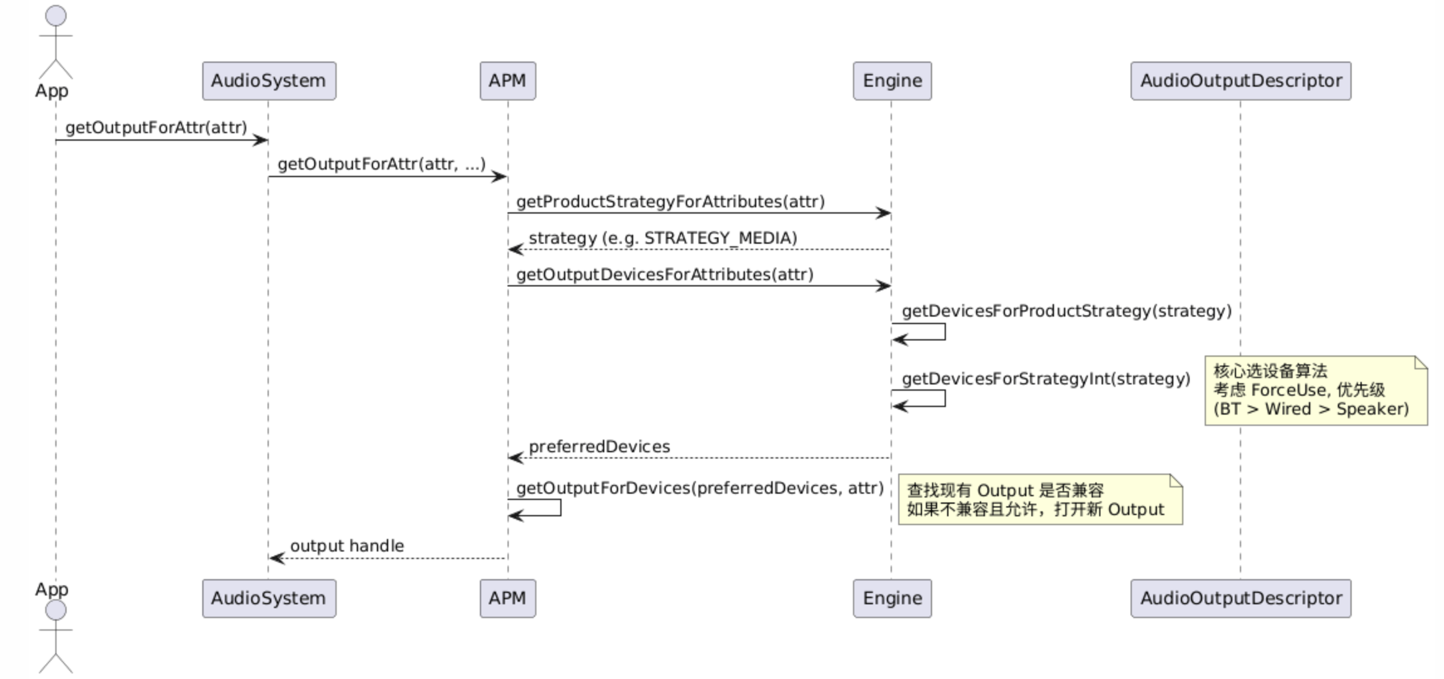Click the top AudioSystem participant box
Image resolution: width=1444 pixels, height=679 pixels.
[x=269, y=81]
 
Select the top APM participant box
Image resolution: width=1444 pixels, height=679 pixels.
[x=508, y=81]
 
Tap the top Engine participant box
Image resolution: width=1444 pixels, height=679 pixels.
[x=892, y=81]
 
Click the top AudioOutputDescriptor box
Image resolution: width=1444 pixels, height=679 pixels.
[x=1240, y=81]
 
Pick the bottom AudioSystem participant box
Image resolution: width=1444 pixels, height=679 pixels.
[x=269, y=599]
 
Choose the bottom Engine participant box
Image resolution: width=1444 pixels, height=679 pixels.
[x=892, y=599]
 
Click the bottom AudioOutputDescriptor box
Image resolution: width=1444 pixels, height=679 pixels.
[x=1240, y=599]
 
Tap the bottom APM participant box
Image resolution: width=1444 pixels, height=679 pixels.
[x=508, y=599]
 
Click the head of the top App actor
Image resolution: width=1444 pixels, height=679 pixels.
[x=56, y=16]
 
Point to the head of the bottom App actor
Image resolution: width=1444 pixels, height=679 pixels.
[x=56, y=610]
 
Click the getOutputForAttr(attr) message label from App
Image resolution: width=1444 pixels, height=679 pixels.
[x=156, y=128]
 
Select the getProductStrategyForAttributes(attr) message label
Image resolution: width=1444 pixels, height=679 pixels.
[x=670, y=202]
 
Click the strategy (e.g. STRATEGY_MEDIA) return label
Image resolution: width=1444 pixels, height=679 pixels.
[x=663, y=238]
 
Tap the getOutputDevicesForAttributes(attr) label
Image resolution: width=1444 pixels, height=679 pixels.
[x=665, y=274]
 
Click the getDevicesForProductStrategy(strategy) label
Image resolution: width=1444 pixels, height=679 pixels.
[x=1067, y=311]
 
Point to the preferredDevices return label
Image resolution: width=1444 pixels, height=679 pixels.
[x=599, y=447]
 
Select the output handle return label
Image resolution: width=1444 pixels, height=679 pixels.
[x=347, y=546]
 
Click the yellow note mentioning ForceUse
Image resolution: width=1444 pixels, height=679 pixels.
[x=1315, y=391]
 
